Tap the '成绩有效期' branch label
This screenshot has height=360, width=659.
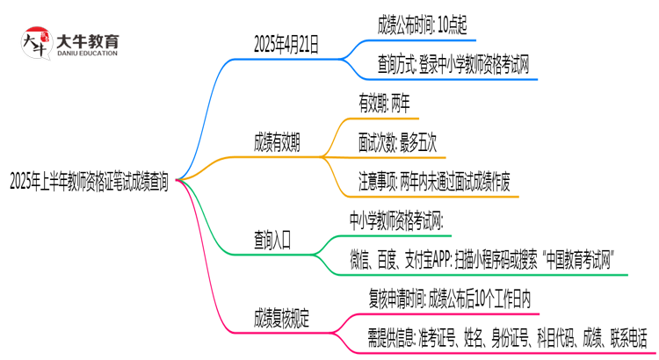[276, 144]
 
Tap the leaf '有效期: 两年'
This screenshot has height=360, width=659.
[388, 104]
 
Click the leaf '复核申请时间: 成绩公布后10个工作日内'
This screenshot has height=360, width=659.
[448, 298]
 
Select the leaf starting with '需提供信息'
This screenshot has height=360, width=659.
[506, 336]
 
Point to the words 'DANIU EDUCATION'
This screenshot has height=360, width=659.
[87, 54]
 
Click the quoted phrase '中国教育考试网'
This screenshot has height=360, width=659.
[573, 258]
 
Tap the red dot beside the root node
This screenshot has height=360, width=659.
[179, 179]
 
